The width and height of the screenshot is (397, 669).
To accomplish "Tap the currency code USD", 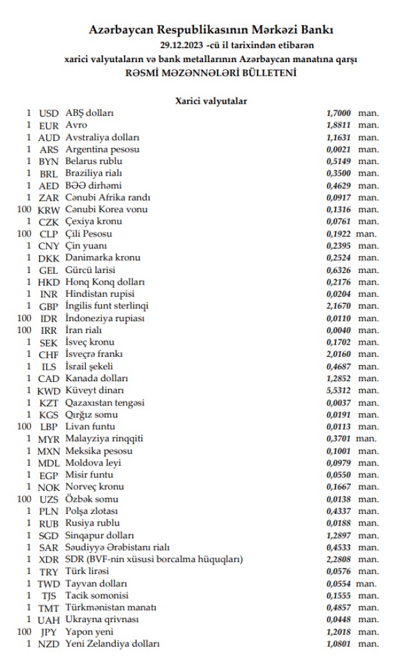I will [49, 113].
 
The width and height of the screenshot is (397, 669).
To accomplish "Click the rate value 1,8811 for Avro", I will [339, 125].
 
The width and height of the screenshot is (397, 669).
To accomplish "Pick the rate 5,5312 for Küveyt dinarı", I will [339, 390].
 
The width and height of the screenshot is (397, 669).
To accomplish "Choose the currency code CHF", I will [49, 354].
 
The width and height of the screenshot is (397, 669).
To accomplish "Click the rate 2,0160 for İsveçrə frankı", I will [339, 354].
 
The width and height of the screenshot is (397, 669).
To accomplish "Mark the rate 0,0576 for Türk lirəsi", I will [339, 571].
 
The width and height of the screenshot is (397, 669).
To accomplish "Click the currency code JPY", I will [49, 632].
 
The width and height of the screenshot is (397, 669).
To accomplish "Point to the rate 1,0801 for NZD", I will [339, 643].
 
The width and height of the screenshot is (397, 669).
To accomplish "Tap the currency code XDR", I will [49, 559].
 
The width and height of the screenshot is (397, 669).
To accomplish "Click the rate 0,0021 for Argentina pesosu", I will [339, 149].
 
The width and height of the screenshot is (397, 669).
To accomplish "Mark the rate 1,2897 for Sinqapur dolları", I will [339, 534].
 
